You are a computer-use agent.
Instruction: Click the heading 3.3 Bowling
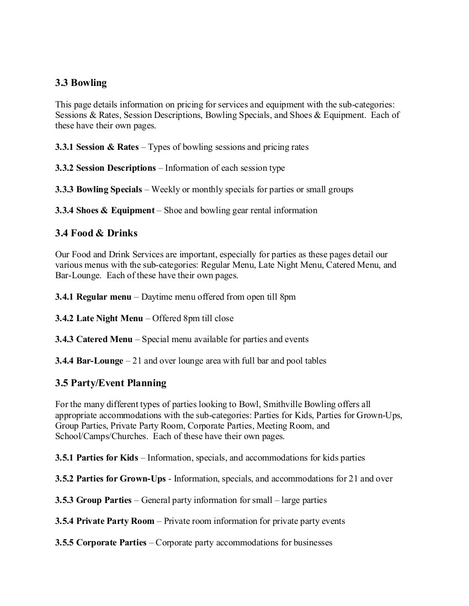[x=81, y=83]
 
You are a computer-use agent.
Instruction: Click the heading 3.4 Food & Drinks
[x=96, y=233]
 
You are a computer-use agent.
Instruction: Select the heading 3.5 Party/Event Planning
[x=110, y=383]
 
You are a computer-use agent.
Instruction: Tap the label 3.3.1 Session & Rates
[x=97, y=147]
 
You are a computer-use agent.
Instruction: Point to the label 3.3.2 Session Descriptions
[x=105, y=168]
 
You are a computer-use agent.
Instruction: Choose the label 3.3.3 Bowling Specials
[x=98, y=190]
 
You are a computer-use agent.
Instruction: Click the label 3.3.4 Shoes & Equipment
[x=105, y=210]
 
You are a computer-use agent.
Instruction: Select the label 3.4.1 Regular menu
[x=93, y=297]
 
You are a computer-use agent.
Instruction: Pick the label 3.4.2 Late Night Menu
[x=99, y=318]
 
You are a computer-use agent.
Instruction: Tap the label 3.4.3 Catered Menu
[x=94, y=339]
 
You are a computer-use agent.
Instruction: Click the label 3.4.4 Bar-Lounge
[x=89, y=361]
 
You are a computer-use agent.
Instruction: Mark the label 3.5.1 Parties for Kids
[x=97, y=458]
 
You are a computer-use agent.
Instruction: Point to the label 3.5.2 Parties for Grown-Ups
[x=110, y=479]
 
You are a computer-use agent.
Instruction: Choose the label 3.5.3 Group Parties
[x=93, y=500]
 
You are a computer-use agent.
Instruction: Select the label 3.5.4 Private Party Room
[x=105, y=521]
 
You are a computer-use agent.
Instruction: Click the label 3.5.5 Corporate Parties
[x=101, y=543]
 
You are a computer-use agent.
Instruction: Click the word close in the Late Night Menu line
[x=223, y=318]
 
